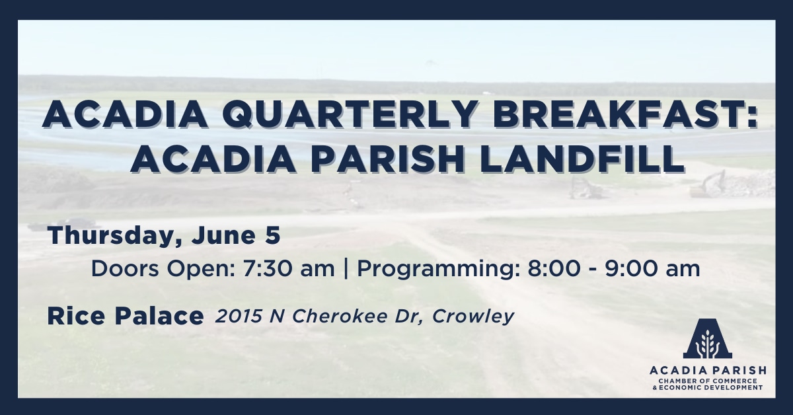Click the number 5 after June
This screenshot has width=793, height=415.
(272, 235)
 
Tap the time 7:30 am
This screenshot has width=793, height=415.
(289, 269)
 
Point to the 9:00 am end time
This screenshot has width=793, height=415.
(652, 269)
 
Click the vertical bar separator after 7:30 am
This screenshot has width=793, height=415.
(346, 270)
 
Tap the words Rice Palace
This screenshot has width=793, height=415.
(126, 317)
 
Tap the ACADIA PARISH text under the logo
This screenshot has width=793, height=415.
(708, 370)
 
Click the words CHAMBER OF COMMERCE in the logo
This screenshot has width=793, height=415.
(708, 381)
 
